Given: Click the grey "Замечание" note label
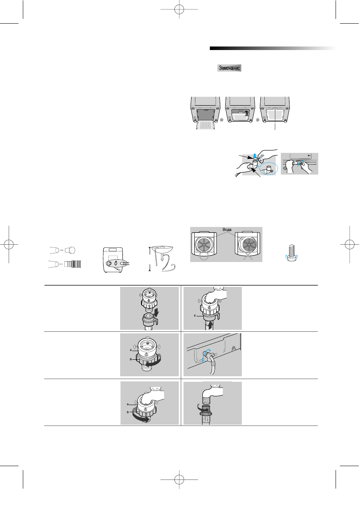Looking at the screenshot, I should pos(229,68).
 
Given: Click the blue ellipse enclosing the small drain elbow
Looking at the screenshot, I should pos(269,171).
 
